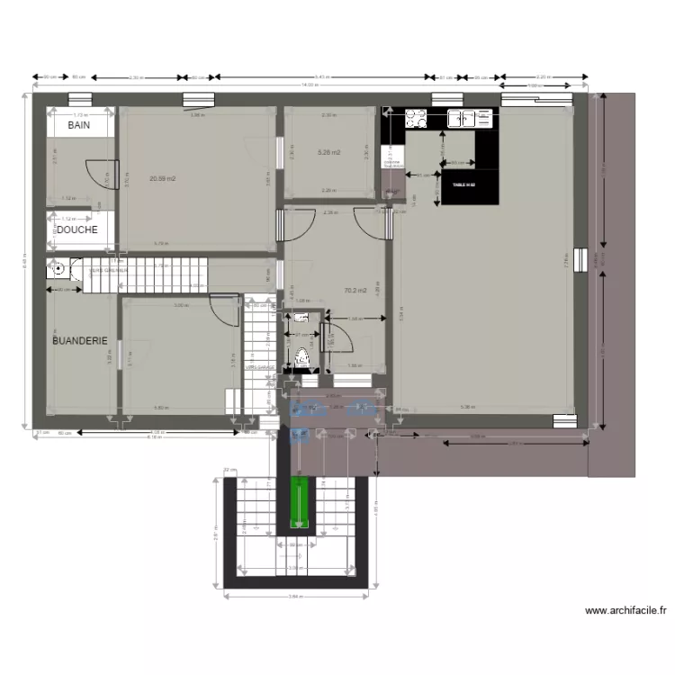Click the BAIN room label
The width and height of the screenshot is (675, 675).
point(78,127)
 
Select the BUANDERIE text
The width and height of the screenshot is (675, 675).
point(80,341)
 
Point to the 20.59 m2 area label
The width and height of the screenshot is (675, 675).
point(163,178)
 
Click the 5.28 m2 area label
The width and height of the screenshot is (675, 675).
point(329,152)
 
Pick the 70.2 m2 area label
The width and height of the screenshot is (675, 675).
point(355,290)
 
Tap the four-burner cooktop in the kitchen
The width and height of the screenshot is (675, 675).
point(416,117)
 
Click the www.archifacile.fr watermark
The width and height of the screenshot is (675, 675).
point(626,610)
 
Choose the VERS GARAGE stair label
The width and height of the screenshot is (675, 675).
point(261,367)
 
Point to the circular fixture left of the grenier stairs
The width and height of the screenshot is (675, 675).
point(58,267)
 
